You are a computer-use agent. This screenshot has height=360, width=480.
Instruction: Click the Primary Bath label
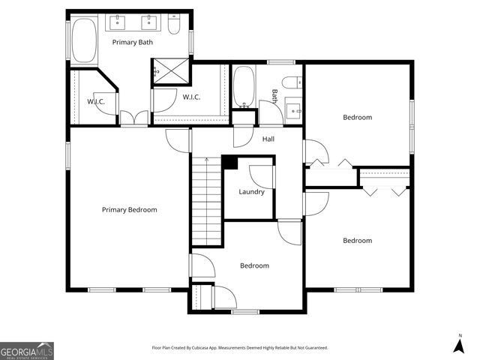pyautogui.click(x=132, y=42)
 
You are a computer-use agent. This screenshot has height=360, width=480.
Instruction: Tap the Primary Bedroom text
pyautogui.click(x=129, y=210)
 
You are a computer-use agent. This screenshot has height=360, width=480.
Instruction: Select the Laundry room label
pyautogui.click(x=251, y=192)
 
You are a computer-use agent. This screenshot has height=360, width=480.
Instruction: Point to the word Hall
pyautogui.click(x=268, y=139)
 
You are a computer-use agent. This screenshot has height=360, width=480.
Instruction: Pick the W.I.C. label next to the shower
pyautogui.click(x=191, y=97)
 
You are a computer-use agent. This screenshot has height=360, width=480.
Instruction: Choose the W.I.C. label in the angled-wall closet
pyautogui.click(x=95, y=101)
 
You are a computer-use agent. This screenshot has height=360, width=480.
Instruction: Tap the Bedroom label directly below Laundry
pyautogui.click(x=254, y=265)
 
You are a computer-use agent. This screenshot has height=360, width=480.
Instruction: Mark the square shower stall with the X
pyautogui.click(x=169, y=71)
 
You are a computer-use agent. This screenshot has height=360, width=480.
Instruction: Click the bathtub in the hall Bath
pyautogui.click(x=244, y=88)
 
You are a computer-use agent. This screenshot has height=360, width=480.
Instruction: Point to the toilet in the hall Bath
pyautogui.click(x=291, y=83)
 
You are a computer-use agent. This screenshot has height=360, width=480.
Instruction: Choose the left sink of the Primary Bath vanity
pyautogui.click(x=120, y=21)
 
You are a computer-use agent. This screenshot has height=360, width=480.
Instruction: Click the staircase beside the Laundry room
pyautogui.click(x=205, y=202)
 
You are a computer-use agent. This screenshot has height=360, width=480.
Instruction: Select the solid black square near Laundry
pyautogui.click(x=230, y=163)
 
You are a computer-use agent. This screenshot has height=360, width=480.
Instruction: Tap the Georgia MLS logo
pyautogui.click(x=27, y=350)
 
